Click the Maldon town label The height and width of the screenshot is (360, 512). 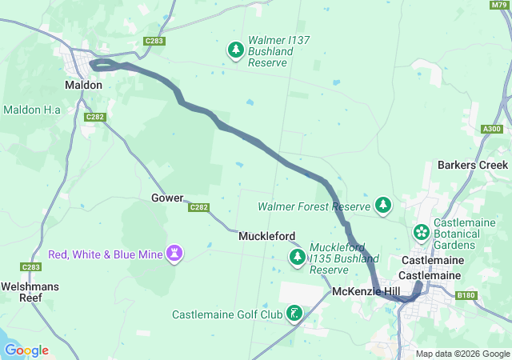click(83, 83)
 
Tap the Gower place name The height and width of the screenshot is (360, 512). click(167, 198)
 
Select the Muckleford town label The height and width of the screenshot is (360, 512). click(266, 236)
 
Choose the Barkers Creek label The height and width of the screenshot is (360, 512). click(472, 165)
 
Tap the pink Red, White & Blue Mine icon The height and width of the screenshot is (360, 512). click(174, 254)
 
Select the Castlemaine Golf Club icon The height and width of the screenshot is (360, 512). click(295, 313)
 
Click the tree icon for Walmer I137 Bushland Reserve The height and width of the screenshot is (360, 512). click(236, 50)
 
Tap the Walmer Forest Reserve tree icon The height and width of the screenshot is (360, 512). click(383, 206)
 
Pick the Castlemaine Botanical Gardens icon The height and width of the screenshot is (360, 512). click(421, 232)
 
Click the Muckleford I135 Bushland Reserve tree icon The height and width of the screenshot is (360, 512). click(297, 257)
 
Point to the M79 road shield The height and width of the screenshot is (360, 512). click(498, 6)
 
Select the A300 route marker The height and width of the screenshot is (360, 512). click(492, 129)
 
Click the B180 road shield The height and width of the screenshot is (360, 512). click(466, 296)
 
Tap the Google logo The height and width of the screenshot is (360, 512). click(26, 350)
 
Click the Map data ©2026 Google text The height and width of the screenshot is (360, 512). click(462, 354)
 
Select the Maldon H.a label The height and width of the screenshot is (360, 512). click(33, 109)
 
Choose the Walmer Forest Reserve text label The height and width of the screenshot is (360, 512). click(314, 206)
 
